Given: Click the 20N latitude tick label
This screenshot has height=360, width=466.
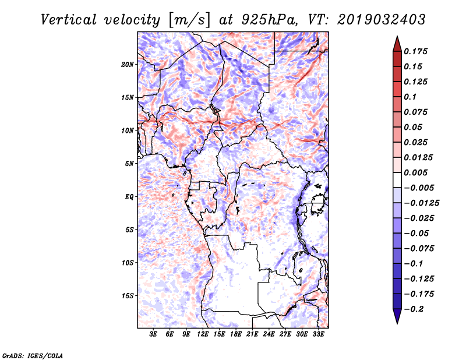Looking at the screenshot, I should coord(128,64).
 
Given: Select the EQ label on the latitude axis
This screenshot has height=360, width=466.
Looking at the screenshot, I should coord(129,196).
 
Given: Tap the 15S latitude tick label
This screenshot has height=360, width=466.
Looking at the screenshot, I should coord(128,295).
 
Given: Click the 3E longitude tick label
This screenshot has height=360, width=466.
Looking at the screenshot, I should coord(154,334).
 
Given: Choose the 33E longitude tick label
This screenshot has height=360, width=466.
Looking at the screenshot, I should coord(319,334).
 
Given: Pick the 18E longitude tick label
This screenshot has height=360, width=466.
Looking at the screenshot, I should coord(236,334).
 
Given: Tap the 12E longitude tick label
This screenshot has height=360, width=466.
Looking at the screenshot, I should coord(203,334).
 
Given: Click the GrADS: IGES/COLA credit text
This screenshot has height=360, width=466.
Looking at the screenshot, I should coord(32,355).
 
